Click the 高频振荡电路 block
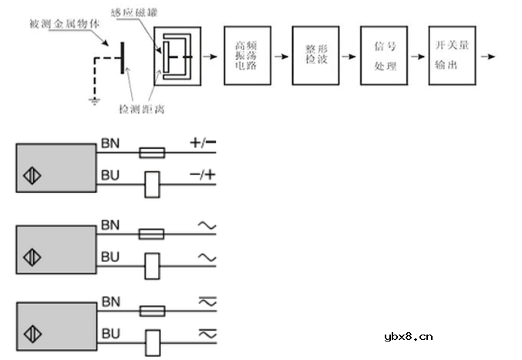[245, 55]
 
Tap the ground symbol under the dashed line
[93, 100]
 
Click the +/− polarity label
[203, 143]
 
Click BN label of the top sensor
[109, 143]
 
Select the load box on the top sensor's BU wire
[152, 183]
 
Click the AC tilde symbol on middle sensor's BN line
[207, 226]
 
